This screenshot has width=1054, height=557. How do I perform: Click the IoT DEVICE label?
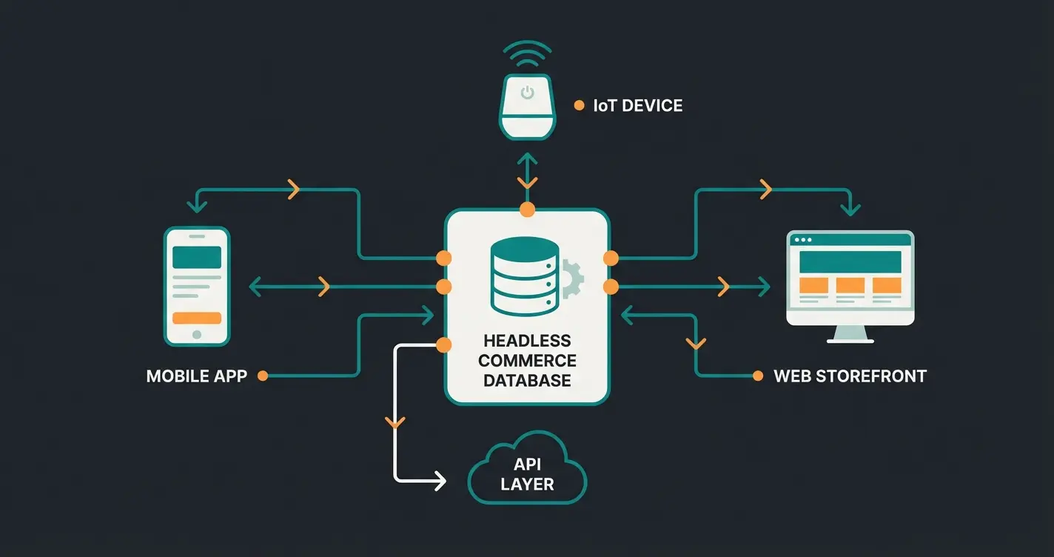pos(637,106)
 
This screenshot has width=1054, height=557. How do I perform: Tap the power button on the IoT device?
pos(527,93)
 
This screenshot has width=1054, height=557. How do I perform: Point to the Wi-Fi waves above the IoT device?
pos(527,53)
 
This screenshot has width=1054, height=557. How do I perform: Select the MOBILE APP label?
pos(196,376)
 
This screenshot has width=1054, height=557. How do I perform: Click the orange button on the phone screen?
pos(196,318)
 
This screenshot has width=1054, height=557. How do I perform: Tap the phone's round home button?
pos(196,335)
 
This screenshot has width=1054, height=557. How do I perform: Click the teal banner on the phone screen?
pos(196,257)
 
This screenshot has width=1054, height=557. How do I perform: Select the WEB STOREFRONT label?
pos(850,376)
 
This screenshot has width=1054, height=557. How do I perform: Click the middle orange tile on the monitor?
pos(850,285)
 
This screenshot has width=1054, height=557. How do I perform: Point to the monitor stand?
pos(850,335)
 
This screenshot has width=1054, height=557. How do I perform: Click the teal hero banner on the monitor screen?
pos(850,261)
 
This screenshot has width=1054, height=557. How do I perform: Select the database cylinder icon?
pos(524,276)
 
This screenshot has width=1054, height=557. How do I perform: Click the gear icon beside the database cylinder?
pos(571,278)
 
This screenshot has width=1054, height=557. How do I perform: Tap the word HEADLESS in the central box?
pos(527,341)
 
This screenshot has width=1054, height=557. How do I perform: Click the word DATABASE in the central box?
pos(527,381)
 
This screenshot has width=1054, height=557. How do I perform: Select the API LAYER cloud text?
pos(527,475)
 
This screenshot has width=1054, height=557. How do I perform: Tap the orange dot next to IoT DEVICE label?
pos(579,106)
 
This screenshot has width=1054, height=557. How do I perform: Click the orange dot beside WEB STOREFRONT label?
pos(757,376)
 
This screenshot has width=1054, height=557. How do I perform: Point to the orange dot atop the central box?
pos(527,210)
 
